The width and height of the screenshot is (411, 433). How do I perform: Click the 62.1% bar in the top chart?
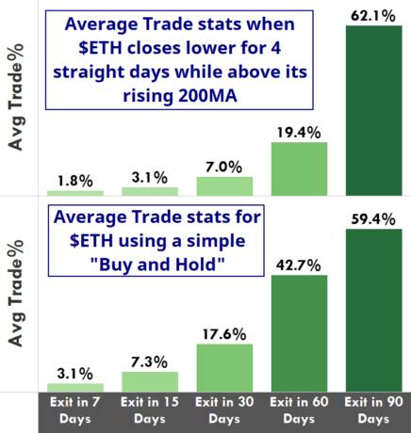point(374,110)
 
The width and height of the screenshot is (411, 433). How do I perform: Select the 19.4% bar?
point(299,168)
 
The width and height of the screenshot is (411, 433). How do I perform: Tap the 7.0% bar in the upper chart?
point(224,186)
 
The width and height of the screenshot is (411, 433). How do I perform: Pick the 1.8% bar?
point(75,193)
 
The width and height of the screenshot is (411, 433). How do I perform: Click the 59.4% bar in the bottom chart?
point(374,311)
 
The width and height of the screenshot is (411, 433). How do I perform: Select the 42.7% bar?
point(299,333)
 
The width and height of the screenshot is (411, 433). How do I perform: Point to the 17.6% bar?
point(224,368)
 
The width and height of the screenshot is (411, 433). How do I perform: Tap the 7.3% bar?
point(150,381)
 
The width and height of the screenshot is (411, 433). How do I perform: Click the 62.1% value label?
point(373,16)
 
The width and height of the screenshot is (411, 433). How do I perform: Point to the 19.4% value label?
point(299,133)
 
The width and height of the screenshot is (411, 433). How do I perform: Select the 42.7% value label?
point(299,265)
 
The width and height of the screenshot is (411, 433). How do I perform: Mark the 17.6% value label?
point(224,334)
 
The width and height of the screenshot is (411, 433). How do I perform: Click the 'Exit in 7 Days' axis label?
point(75,410)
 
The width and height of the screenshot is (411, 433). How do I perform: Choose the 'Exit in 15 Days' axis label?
point(150,410)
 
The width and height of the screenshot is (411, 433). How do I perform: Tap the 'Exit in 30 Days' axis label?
point(224,410)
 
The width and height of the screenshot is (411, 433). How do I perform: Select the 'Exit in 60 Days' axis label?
point(299,410)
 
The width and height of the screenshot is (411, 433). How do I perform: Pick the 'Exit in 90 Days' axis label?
point(373,410)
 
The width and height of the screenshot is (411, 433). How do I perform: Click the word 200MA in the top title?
point(207,95)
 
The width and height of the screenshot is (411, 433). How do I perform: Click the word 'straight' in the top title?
point(89,72)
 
